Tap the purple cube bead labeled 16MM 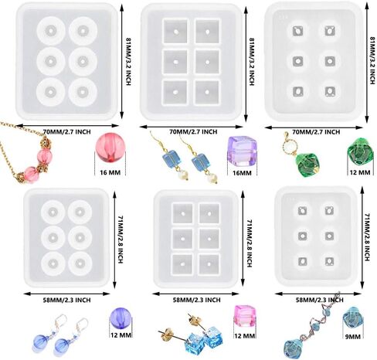(x=242, y=151)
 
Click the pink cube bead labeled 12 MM (x=245, y=316)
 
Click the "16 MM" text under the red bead (x=110, y=172)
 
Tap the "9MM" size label (x=352, y=336)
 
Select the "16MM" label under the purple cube (x=242, y=173)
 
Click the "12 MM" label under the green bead (x=360, y=172)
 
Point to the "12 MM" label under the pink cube (x=245, y=336)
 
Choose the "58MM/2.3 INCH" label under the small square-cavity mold (x=196, y=300)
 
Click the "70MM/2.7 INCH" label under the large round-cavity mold (x=67, y=132)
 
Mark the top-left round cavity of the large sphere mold (x=51, y=31)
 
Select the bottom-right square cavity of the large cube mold (x=207, y=93)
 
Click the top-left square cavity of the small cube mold (x=182, y=214)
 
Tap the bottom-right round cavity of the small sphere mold (x=80, y=263)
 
